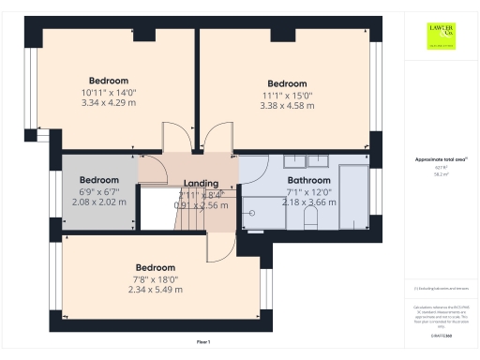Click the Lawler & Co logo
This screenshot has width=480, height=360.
pyautogui.click(x=442, y=37)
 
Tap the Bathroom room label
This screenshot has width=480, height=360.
pyautogui.click(x=308, y=180)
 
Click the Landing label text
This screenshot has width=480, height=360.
pyautogui.click(x=201, y=184)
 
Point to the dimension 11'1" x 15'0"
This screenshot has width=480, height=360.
pyautogui.click(x=286, y=95)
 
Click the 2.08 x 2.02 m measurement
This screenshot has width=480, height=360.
pyautogui.click(x=98, y=202)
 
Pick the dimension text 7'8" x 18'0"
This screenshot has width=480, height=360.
pyautogui.click(x=155, y=278)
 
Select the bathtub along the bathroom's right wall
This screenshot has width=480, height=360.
pyautogui.click(x=354, y=196)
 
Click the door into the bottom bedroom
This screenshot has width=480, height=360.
pyautogui.click(x=215, y=247)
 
